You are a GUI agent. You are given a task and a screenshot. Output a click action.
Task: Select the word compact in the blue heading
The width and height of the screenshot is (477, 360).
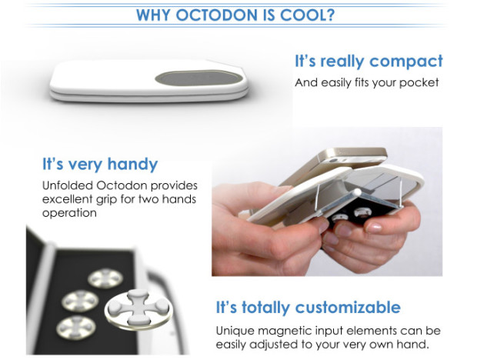[x=406, y=62]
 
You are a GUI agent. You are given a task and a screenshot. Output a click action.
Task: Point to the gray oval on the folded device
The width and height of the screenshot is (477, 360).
[x=199, y=78]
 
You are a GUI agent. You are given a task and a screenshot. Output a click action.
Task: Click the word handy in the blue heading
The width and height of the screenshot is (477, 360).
[x=132, y=165]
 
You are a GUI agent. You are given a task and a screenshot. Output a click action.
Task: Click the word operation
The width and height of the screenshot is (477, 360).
[x=69, y=213]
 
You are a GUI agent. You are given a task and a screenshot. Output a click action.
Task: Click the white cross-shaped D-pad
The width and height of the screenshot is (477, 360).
[x=138, y=308]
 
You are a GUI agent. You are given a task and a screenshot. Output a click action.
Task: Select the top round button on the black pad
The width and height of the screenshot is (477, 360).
[x=105, y=278]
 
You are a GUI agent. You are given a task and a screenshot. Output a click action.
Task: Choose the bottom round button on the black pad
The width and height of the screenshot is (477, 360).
[x=76, y=328]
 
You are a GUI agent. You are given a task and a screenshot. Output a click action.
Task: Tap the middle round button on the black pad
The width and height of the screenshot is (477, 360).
[x=80, y=301]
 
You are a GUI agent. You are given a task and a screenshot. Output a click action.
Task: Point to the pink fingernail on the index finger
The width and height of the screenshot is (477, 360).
[x=374, y=228]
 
